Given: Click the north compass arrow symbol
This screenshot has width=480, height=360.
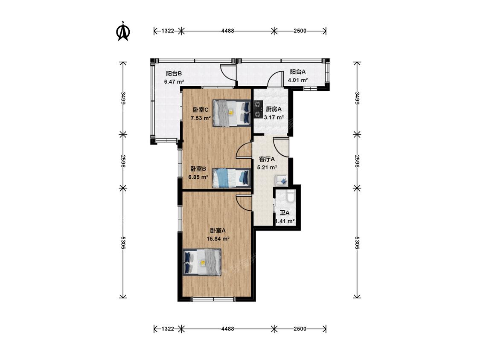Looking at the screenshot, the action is (123, 31).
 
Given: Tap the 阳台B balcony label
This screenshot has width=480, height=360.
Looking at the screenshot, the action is (174, 73).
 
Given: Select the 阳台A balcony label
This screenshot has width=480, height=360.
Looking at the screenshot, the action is (298, 72).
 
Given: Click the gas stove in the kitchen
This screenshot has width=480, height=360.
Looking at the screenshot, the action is (259, 110).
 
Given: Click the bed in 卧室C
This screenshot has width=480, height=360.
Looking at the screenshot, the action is (231, 113).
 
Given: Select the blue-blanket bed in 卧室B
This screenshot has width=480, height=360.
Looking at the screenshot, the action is (231, 178).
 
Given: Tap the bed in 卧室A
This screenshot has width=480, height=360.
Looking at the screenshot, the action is (202, 262).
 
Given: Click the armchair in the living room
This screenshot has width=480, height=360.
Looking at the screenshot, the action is (281, 180).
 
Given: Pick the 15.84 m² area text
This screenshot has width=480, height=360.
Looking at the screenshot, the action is (218, 239).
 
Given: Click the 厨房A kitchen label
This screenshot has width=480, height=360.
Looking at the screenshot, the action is (273, 109).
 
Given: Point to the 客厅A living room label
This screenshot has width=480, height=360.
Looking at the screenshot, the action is (267, 159).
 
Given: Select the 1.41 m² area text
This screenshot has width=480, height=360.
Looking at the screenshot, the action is (285, 221).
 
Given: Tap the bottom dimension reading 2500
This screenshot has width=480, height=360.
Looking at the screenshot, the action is (300, 329).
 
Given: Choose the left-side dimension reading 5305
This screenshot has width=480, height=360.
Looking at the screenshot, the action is (123, 242).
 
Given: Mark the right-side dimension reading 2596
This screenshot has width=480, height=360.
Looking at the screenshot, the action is (357, 161).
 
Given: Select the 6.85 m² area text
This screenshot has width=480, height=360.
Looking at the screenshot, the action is (198, 177).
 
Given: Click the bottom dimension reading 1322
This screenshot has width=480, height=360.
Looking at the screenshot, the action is (167, 329).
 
